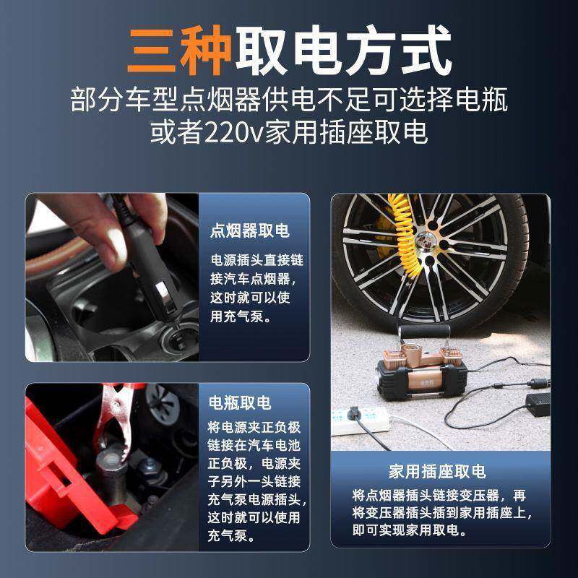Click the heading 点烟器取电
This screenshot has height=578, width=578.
tap(249, 231)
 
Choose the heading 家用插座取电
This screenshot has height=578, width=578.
tap(437, 472)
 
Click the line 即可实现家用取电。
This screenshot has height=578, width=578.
tap(410, 531)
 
